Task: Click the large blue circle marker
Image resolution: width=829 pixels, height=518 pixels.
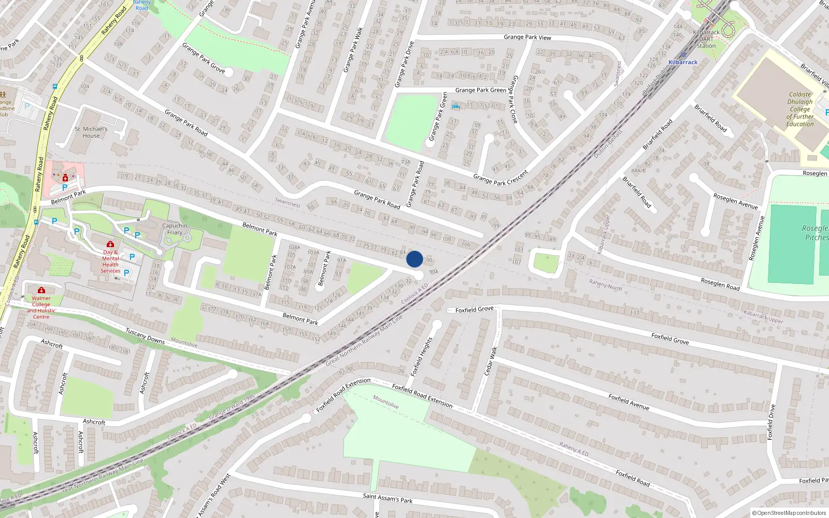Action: click(414, 259)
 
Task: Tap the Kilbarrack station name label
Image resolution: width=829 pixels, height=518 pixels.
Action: click(683, 62)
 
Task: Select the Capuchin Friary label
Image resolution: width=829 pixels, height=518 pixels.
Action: click(175, 229)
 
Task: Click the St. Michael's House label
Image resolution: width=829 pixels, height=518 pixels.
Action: click(91, 132)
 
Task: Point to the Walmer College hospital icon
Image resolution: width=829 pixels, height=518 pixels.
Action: click(41, 290)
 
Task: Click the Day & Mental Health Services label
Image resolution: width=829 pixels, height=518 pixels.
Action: click(110, 262)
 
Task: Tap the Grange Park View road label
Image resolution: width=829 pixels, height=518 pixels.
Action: click(527, 37)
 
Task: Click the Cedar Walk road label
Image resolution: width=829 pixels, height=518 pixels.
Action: click(490, 361)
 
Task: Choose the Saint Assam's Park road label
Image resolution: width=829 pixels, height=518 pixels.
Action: click(388, 498)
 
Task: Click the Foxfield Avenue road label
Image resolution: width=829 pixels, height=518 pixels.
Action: click(628, 402)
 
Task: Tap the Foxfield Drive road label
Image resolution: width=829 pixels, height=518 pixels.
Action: click(771, 422)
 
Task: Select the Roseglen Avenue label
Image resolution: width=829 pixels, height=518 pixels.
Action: click(735, 202)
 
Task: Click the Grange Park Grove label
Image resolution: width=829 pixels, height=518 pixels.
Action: click(204, 57)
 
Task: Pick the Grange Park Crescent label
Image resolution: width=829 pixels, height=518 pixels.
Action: click(501, 178)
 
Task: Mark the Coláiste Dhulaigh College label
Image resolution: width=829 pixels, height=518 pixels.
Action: click(800, 109)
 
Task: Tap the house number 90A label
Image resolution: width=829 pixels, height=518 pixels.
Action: click(434, 271)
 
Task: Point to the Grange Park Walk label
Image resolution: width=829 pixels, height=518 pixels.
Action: click(352, 50)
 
